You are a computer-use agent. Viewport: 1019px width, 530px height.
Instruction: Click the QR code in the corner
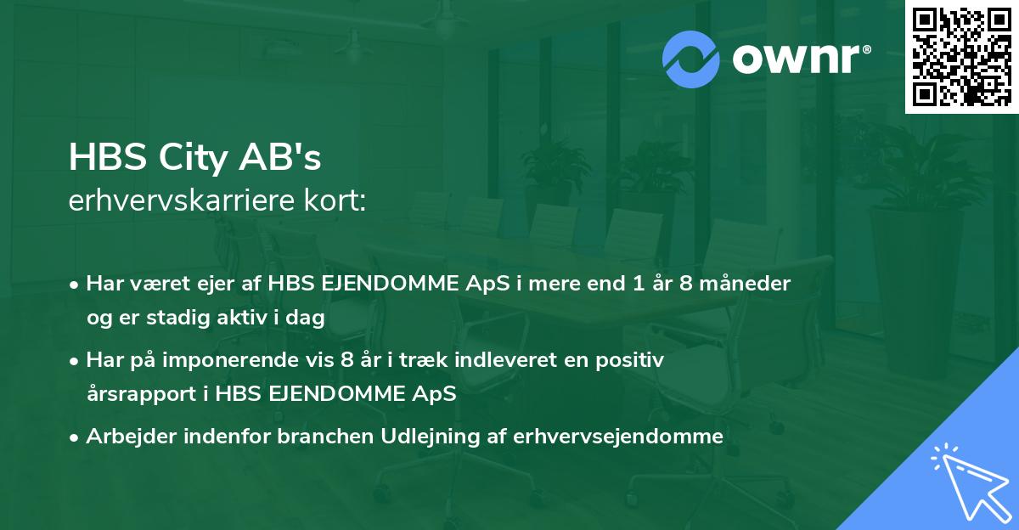coord(961,56)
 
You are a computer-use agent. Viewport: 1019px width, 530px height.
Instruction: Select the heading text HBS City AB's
coord(195,159)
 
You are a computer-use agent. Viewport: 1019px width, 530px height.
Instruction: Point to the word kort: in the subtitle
coord(338,200)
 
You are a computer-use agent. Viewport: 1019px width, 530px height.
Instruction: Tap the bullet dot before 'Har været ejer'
coord(76,285)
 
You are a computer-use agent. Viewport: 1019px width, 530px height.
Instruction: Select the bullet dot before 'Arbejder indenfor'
coord(76,437)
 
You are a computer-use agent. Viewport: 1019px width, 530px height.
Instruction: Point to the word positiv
coord(633,360)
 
